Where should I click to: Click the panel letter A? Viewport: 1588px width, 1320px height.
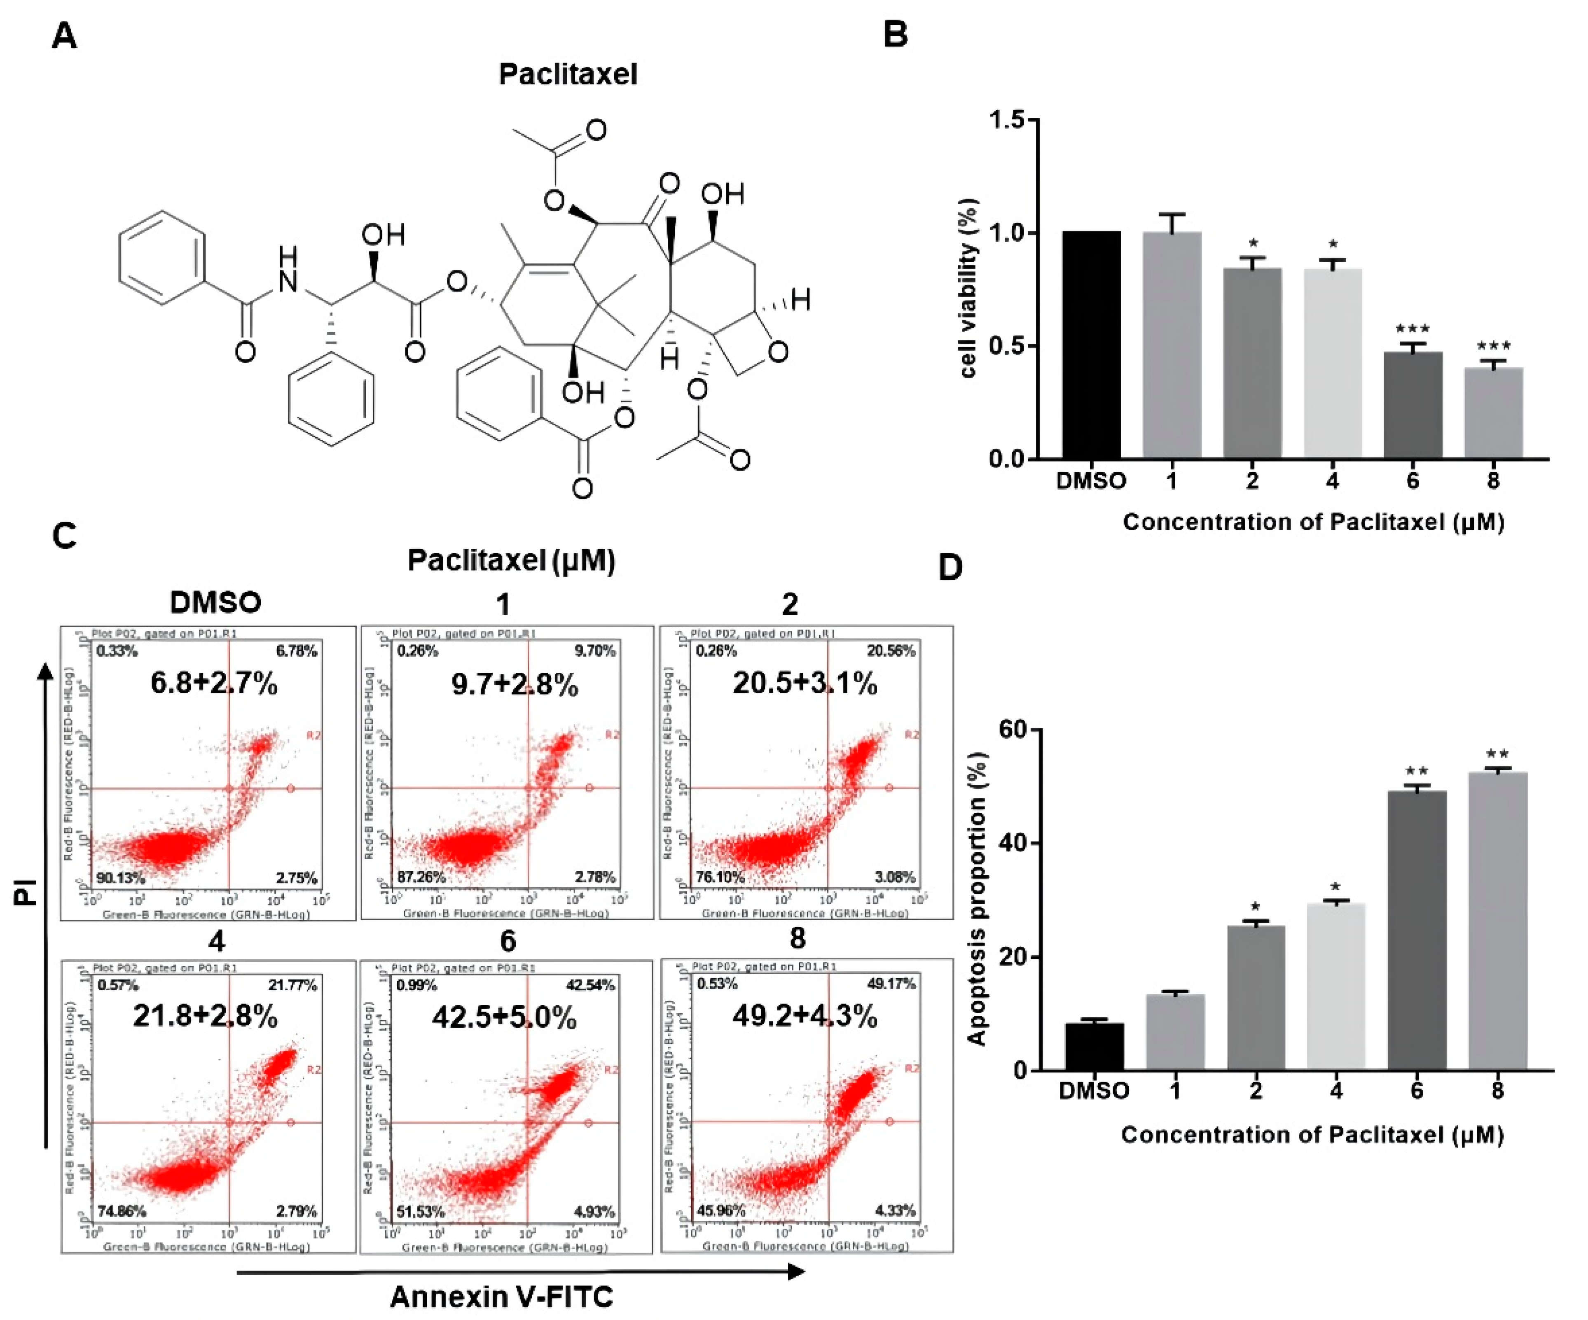(64, 35)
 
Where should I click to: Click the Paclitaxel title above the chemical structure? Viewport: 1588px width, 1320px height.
(568, 74)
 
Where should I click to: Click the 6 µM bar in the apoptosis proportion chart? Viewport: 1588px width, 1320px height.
(1416, 930)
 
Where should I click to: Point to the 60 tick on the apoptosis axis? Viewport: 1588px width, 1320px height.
(1012, 730)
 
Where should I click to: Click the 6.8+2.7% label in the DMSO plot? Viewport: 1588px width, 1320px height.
(214, 683)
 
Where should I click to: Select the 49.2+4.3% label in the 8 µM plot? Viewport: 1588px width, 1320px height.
(805, 1017)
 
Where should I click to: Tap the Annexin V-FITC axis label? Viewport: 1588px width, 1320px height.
(501, 1297)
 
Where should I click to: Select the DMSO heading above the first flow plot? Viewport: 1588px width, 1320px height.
(215, 602)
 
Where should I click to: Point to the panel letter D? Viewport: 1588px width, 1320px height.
(950, 567)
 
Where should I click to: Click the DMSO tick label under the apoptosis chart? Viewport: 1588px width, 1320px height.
(1093, 1091)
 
